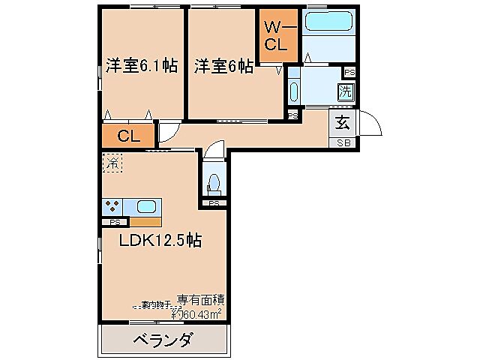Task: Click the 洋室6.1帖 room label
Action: click(x=141, y=66)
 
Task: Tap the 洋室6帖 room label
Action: click(x=223, y=66)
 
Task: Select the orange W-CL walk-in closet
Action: click(x=275, y=35)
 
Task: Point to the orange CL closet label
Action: click(x=129, y=136)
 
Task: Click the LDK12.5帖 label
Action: click(x=160, y=241)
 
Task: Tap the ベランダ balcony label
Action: click(x=163, y=340)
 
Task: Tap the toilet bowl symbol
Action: click(x=214, y=182)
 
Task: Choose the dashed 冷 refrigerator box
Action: click(x=112, y=161)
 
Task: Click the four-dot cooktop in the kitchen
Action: click(x=113, y=206)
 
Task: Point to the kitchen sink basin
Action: click(x=145, y=205)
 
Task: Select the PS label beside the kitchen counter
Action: click(x=115, y=222)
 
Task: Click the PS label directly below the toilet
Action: click(x=214, y=202)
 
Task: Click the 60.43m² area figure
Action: click(x=198, y=313)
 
